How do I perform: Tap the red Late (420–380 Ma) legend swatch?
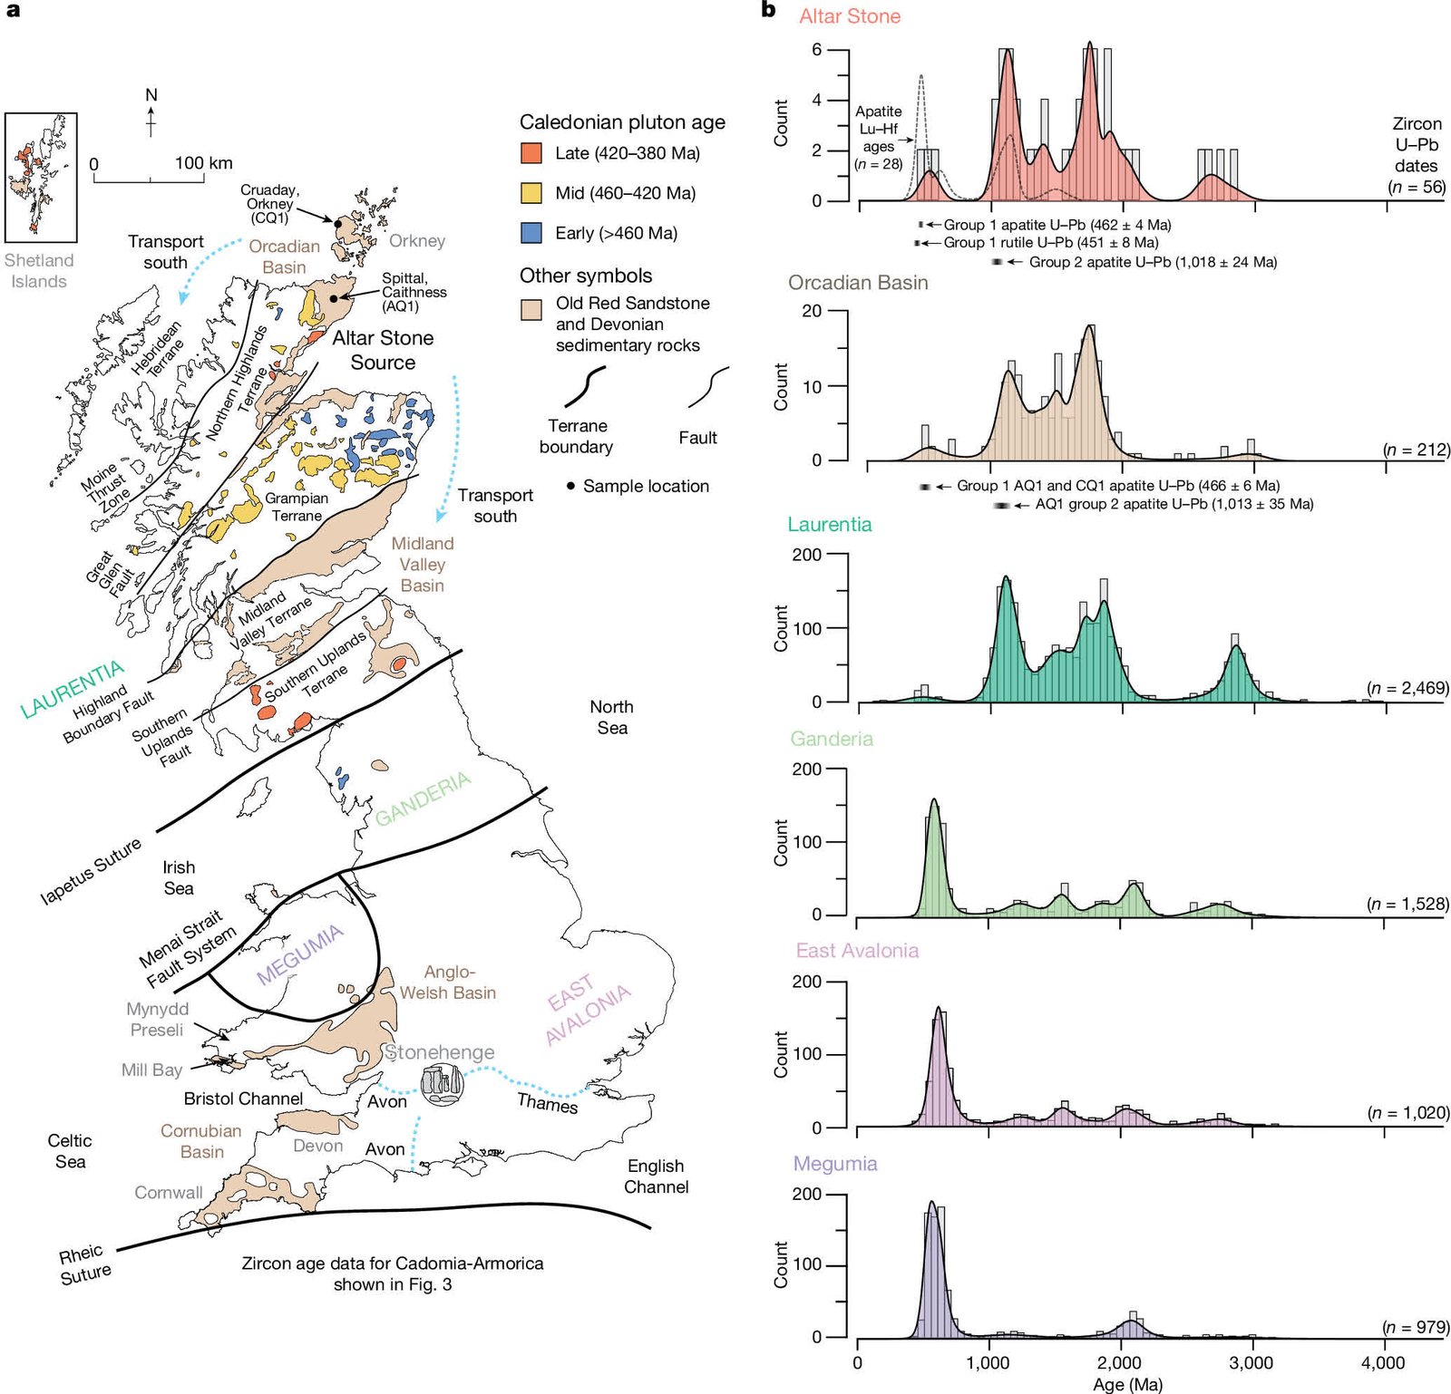coord(531,153)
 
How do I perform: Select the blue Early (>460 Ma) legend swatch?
coord(531,233)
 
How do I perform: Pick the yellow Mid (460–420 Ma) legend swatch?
coord(531,193)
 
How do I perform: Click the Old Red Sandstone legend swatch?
coord(531,309)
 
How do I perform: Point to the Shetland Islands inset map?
coord(41,177)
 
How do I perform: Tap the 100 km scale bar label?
coord(203,163)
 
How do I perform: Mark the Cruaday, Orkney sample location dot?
coord(337,223)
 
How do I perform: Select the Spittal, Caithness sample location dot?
coord(334,298)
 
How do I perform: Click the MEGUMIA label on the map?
coord(300,954)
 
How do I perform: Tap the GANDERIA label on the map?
coord(424,799)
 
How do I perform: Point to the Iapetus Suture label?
coord(91,871)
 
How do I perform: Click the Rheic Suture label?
coord(84,1264)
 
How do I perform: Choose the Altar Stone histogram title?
coord(850,16)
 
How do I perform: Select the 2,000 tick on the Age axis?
coord(1119,1363)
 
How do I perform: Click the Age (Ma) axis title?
coord(1127,1384)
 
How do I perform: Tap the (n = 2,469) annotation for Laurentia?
coord(1407,689)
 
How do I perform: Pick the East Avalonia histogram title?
coord(857,951)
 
